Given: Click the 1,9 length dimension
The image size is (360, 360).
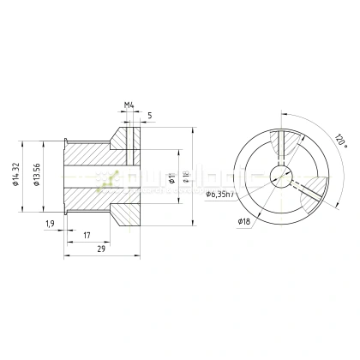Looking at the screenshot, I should click(x=51, y=224).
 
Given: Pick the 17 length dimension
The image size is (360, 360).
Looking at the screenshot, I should click(x=87, y=234).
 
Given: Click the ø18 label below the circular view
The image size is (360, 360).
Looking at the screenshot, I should click(x=244, y=220).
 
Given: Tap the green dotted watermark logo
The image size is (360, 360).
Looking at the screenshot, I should click(x=107, y=178).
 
